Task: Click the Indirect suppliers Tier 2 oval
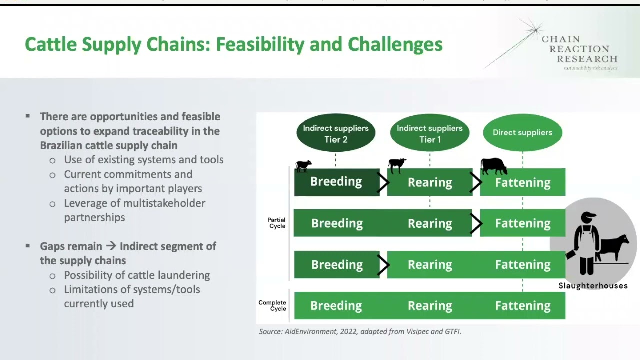coord(335,133)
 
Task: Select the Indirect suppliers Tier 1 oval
coord(429,133)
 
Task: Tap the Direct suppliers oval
coord(522,132)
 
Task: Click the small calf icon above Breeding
coord(303,166)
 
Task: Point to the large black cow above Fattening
coord(494,166)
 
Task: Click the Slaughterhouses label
coord(593,286)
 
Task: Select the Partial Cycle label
coord(276,223)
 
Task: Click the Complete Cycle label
coord(272,305)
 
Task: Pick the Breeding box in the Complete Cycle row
coord(336,305)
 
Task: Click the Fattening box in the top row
coord(523,182)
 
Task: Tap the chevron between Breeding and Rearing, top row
coord(383,182)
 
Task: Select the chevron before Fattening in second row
coord(476,223)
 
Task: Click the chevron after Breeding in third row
coord(383,264)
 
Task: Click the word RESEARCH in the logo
coord(587,59)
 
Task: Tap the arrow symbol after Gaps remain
coord(111,246)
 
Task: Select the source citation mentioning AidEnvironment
coord(360,331)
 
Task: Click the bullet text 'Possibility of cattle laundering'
coord(137,275)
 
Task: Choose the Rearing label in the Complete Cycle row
coord(430,305)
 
